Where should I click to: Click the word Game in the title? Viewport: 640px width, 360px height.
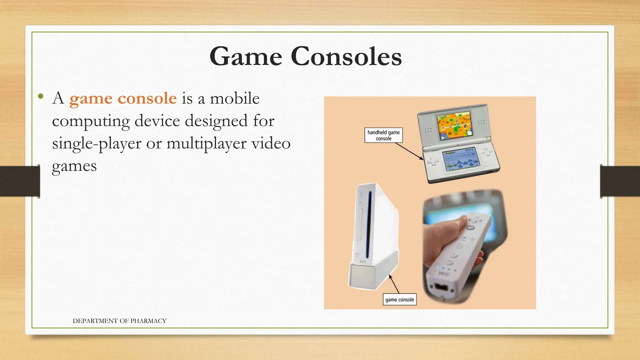tap(246, 57)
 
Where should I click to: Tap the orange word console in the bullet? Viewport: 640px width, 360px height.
tap(147, 98)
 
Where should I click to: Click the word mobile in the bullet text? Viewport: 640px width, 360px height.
tap(234, 98)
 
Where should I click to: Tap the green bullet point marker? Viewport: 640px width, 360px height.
tap(40, 96)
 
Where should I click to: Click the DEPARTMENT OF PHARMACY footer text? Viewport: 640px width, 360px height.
tap(119, 321)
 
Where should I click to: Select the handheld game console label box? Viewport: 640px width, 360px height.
tap(383, 135)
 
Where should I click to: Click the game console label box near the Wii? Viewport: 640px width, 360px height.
tap(399, 299)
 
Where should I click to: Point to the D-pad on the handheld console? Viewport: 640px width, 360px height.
tap(433, 162)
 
